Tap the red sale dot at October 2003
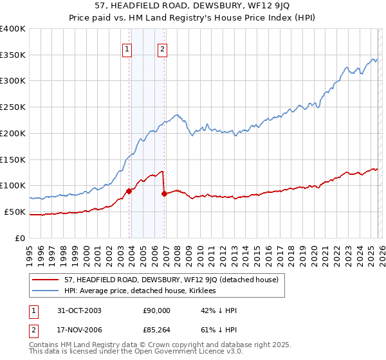[x=129, y=190]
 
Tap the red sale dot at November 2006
[x=164, y=193]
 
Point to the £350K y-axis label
[x=13, y=55]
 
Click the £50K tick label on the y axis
[x=15, y=212]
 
